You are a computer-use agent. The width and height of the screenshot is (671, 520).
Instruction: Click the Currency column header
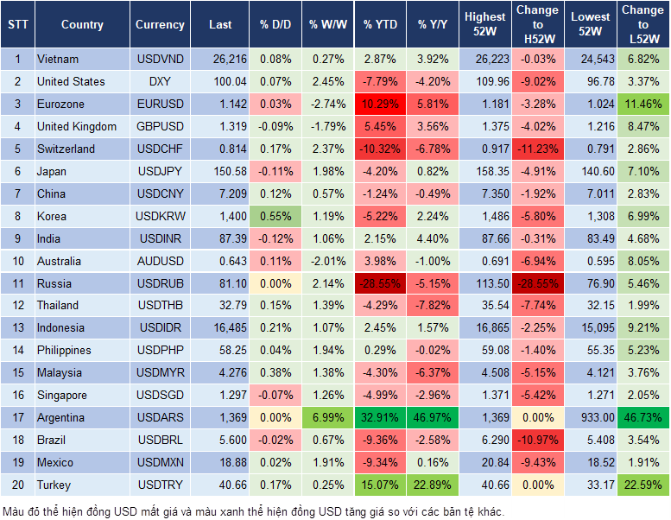[x=160, y=25]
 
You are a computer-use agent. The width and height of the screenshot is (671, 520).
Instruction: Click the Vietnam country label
[x=58, y=60]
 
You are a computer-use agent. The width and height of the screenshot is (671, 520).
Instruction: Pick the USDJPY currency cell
[x=160, y=172]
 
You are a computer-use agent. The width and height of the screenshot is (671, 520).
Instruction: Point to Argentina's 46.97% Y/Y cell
[x=434, y=418]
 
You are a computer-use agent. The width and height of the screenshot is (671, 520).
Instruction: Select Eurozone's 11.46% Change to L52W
[x=643, y=105]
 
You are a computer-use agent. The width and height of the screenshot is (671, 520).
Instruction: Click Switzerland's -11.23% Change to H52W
[x=536, y=149]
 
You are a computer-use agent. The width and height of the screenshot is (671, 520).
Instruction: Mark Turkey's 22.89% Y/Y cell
[x=434, y=485]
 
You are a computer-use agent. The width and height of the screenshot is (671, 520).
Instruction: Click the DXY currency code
[x=160, y=82]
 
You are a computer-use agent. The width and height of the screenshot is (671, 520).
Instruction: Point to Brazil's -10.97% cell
[x=536, y=441]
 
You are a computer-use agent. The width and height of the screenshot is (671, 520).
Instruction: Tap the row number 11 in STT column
[x=16, y=283]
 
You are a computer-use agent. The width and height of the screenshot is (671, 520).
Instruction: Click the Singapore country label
[x=62, y=396]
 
